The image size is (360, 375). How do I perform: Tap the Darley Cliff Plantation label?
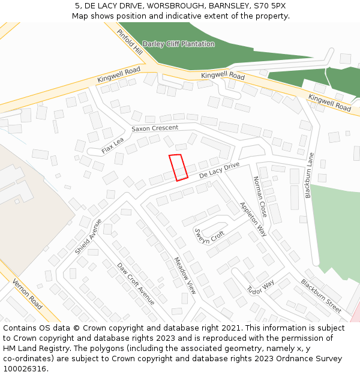[x=178, y=44]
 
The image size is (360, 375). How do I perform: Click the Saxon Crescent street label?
[x=155, y=128]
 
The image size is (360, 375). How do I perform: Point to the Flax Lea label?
[x=112, y=145]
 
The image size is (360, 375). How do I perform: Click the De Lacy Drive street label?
[x=220, y=170]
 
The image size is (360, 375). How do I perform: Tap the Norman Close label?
[x=260, y=196]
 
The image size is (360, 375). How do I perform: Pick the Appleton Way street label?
[x=253, y=219]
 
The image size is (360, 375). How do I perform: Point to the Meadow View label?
[x=185, y=275]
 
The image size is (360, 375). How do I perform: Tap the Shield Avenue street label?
[x=88, y=236]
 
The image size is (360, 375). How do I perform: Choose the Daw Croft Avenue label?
[x=136, y=284]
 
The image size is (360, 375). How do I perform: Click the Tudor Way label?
[x=260, y=287]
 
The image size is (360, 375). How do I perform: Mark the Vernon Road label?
[x=27, y=294]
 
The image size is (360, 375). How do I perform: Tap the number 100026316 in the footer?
[x=25, y=368]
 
